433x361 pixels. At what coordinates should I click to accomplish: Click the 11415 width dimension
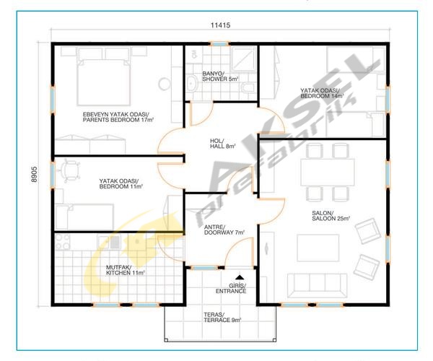(220, 25)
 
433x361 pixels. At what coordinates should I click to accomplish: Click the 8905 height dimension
(34, 175)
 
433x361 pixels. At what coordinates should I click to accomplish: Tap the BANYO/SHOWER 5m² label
(220, 77)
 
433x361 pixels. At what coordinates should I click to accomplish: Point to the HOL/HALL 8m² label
(222, 144)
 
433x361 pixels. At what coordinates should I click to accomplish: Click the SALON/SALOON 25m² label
(331, 216)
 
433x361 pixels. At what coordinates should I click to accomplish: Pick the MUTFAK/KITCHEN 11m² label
(126, 270)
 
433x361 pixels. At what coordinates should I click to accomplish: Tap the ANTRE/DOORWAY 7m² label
(224, 230)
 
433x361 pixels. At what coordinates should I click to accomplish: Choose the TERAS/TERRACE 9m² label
(222, 318)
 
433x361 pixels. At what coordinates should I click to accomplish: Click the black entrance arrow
(240, 277)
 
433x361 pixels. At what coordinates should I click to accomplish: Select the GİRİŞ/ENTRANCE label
(231, 288)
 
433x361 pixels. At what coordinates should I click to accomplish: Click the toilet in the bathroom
(248, 87)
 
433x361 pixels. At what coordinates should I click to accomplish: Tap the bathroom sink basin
(191, 84)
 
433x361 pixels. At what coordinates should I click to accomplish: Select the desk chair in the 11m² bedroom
(69, 171)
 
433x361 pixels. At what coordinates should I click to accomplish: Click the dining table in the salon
(328, 173)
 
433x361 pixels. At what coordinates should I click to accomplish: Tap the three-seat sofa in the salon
(317, 286)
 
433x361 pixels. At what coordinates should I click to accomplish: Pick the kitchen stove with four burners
(63, 242)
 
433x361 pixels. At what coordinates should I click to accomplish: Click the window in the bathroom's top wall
(219, 43)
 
